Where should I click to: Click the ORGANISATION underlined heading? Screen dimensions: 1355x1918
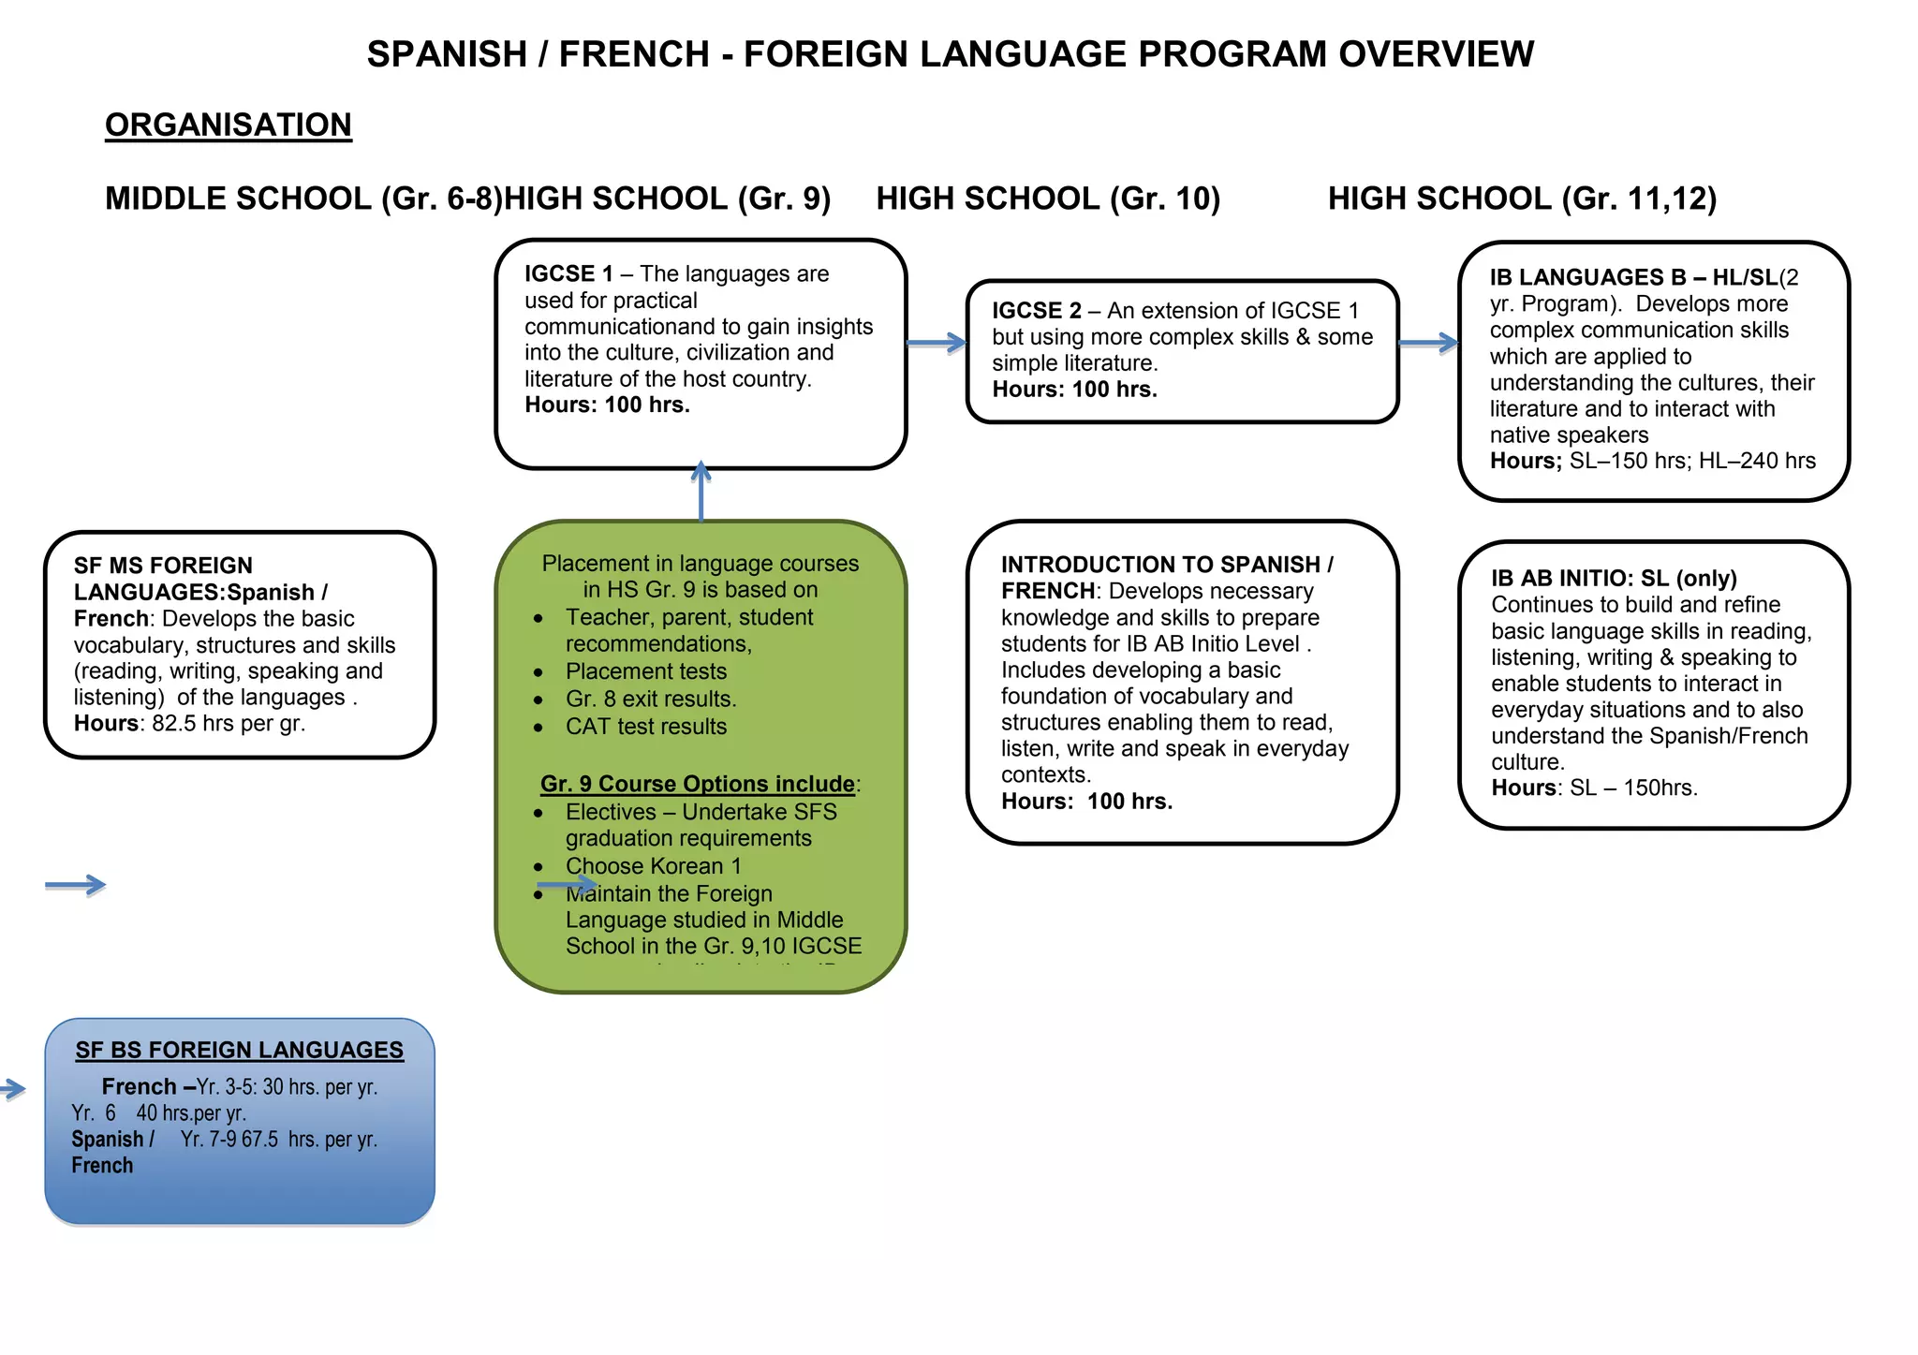(228, 125)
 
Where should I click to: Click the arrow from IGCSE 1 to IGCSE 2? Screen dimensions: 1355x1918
(936, 344)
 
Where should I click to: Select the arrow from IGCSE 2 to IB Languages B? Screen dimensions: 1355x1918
(1427, 344)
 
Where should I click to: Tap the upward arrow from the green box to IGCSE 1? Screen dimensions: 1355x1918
(701, 493)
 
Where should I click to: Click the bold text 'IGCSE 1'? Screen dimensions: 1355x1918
(568, 274)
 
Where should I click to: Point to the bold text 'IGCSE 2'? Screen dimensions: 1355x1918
(1036, 311)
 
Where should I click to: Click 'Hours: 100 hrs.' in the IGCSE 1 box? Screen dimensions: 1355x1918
(607, 405)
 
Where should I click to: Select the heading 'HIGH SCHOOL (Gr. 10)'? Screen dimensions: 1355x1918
(1048, 199)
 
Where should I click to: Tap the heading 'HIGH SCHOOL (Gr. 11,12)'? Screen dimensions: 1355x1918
(1522, 199)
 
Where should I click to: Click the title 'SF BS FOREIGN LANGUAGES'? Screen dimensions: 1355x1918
(240, 1051)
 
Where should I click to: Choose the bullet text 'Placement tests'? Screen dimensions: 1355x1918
(645, 671)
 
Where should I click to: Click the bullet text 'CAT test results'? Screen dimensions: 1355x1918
(645, 727)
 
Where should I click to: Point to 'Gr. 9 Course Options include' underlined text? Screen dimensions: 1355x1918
(697, 784)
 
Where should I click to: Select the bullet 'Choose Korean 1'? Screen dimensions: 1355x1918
(653, 866)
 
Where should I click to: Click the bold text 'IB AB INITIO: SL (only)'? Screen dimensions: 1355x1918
(1614, 579)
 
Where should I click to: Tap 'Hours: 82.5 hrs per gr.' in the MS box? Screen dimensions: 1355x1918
(189, 724)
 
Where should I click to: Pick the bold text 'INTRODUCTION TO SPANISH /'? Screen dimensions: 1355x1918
(1167, 565)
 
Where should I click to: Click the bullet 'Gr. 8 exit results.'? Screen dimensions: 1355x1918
(651, 700)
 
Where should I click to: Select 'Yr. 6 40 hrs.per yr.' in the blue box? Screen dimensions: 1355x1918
(158, 1113)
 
